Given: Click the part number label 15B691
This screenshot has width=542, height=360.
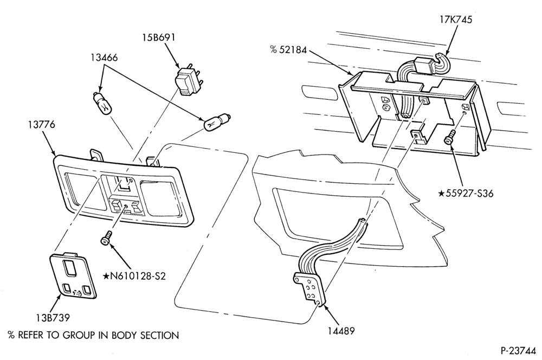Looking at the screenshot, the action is click(x=159, y=37).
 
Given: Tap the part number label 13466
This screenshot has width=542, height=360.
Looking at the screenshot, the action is click(x=104, y=57).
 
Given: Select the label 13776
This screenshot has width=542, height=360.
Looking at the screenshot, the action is click(x=42, y=124).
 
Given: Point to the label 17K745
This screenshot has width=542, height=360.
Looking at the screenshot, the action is click(x=456, y=20).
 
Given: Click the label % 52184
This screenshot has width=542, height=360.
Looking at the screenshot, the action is click(x=289, y=50).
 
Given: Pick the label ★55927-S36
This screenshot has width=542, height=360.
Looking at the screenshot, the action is click(x=466, y=194).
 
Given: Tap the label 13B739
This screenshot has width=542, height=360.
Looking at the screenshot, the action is click(x=53, y=317).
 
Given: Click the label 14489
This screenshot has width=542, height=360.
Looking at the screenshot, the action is click(x=341, y=331).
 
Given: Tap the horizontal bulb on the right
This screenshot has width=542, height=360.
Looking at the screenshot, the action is click(x=217, y=122).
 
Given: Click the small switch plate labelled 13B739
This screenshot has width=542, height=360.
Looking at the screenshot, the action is click(x=73, y=275).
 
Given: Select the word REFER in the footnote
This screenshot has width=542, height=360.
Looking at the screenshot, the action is click(x=30, y=335).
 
